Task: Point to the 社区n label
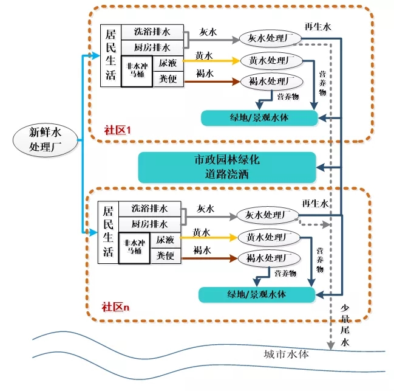coord(115,306)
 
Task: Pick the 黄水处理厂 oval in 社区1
coord(271,61)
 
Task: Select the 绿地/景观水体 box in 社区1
coord(259,117)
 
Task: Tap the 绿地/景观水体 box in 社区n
coord(257,295)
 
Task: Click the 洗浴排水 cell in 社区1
coord(152,33)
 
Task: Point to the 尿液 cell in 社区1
coord(167,63)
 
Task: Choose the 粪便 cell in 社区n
coord(165,255)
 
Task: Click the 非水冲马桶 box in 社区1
coord(137,71)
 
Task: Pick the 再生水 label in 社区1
coord(318,28)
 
